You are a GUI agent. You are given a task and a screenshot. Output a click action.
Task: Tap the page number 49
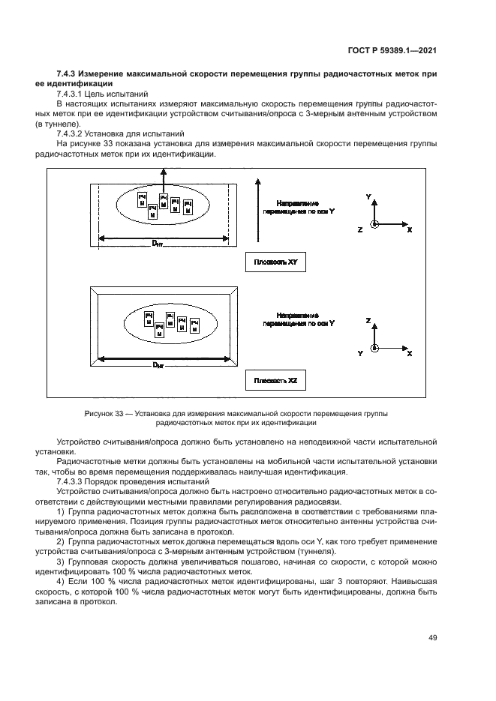(x=432, y=637)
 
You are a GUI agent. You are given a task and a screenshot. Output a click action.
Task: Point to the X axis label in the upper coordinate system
(x=409, y=230)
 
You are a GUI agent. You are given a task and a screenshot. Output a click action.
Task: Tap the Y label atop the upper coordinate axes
(x=368, y=195)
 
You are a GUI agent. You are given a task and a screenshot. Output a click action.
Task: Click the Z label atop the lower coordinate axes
(x=368, y=319)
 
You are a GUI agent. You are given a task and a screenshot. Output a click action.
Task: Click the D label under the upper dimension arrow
(x=156, y=244)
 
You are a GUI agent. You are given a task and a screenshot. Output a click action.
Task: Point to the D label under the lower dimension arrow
(x=156, y=364)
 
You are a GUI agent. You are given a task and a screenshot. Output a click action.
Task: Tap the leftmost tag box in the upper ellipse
(x=140, y=198)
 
